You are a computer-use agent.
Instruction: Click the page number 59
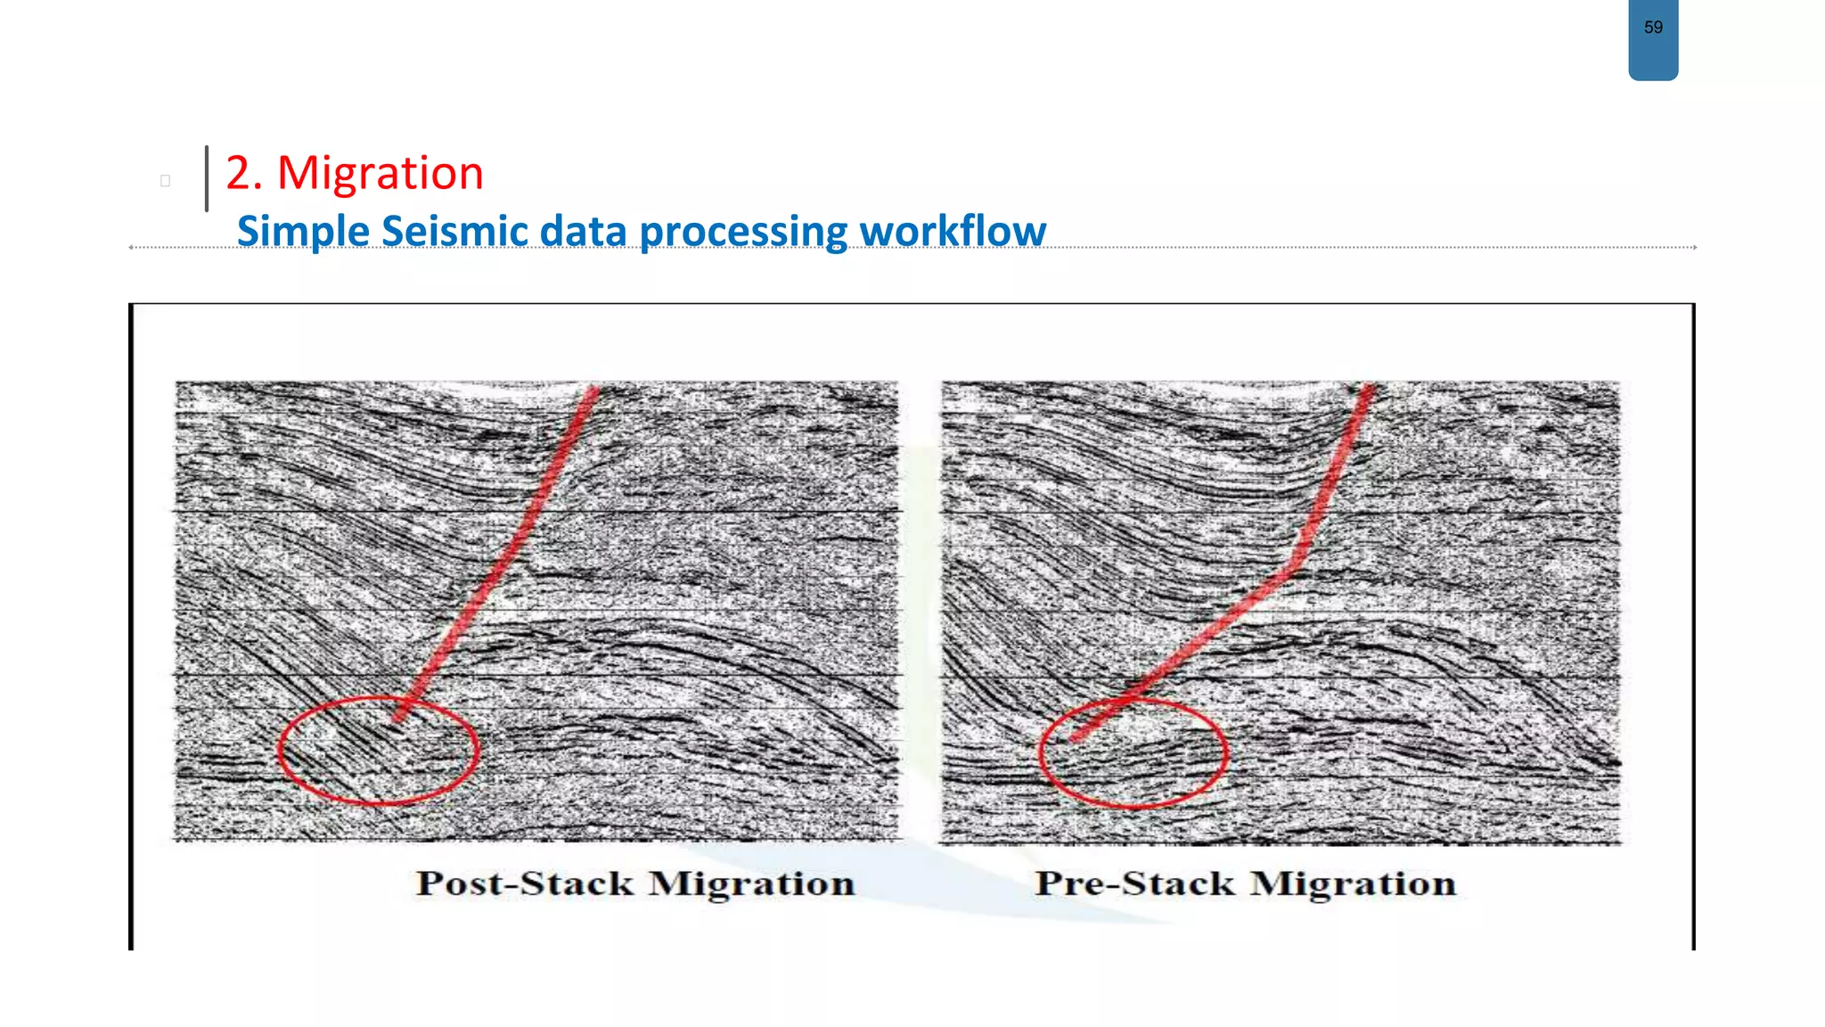[x=1653, y=28]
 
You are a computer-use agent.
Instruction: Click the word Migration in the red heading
[x=381, y=173]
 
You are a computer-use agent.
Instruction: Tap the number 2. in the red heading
[x=244, y=173]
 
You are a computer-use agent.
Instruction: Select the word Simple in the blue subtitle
[x=303, y=231]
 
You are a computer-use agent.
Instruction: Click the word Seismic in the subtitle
[x=454, y=231]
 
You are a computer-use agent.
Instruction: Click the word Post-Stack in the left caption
[x=525, y=883]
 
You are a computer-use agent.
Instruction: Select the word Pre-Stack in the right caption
[x=1134, y=883]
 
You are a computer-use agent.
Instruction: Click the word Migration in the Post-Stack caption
[x=751, y=883]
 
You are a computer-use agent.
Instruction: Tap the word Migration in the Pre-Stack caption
[x=1353, y=883]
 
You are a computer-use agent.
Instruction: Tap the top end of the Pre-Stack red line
[x=1367, y=389]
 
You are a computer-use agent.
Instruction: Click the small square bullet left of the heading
[x=165, y=181]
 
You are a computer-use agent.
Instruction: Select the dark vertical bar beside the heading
[x=207, y=178]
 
